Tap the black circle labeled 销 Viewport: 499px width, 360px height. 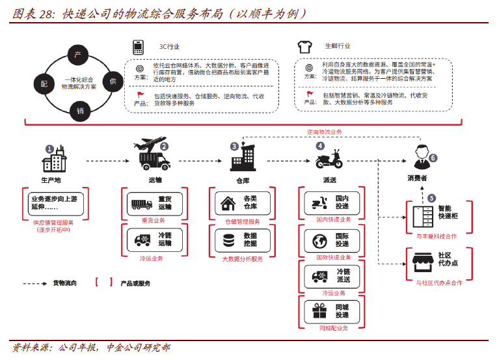point(80,110)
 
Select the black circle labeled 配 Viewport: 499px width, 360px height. point(44,83)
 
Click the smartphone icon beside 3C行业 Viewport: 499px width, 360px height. point(138,47)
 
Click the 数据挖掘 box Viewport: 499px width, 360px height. point(239,240)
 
